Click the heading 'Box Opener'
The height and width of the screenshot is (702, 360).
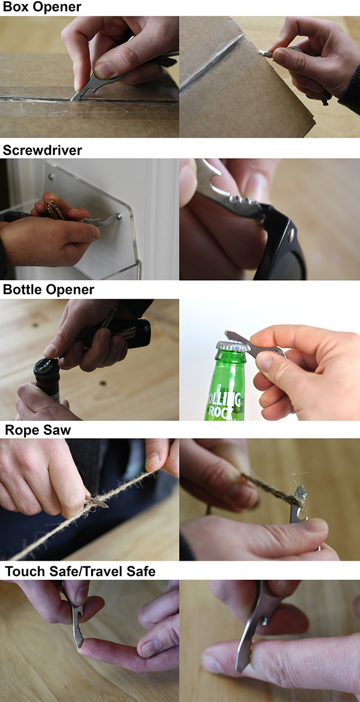[x=42, y=8]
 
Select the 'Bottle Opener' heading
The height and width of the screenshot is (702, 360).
[x=48, y=290]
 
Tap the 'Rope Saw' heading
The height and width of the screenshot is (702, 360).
[x=38, y=430]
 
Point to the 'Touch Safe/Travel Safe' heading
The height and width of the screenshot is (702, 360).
[x=80, y=572]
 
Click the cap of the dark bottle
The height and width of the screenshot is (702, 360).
[x=44, y=368]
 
